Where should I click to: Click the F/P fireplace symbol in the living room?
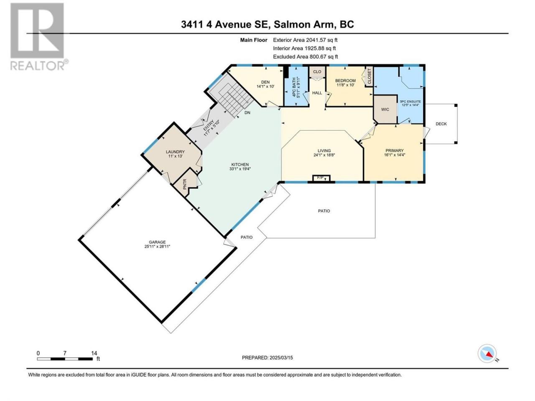click(321, 178)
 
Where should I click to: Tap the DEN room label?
click(265, 82)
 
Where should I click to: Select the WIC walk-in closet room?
click(385, 109)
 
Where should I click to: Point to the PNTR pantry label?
click(184, 184)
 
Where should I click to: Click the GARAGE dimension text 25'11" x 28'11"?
click(157, 246)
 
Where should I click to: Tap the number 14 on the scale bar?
click(94, 353)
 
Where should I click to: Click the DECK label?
click(441, 124)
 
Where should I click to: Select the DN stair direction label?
click(247, 113)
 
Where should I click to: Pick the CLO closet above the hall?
click(317, 71)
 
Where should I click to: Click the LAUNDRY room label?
click(175, 152)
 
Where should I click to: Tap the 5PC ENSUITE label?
click(410, 102)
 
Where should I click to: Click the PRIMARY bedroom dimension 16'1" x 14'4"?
click(395, 155)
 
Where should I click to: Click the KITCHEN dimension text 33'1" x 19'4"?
click(240, 169)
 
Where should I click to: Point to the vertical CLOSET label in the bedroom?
click(369, 76)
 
